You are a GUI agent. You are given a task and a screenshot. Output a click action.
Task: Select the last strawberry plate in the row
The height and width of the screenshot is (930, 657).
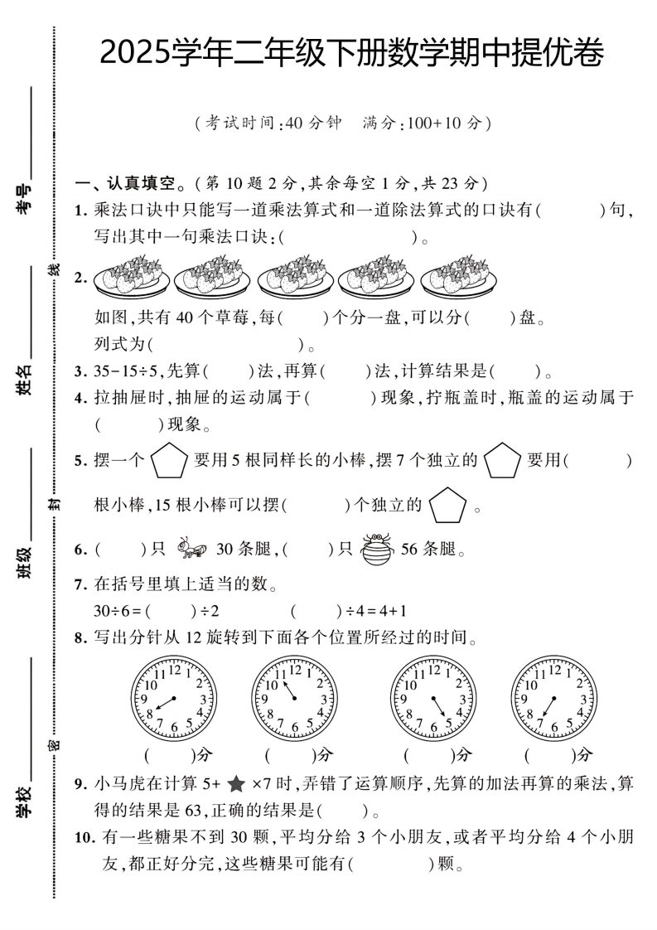(x=459, y=276)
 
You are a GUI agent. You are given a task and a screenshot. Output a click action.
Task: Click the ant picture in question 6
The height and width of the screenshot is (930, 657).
(x=191, y=548)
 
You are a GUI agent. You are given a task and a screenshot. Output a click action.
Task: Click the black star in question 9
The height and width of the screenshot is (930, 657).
(x=236, y=785)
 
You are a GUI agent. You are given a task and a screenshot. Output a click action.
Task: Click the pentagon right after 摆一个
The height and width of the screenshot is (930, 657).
(x=170, y=461)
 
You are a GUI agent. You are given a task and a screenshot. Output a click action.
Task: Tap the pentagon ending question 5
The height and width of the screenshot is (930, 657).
(x=447, y=505)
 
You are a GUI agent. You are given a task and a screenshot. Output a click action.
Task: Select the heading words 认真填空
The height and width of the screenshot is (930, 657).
(x=142, y=184)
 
